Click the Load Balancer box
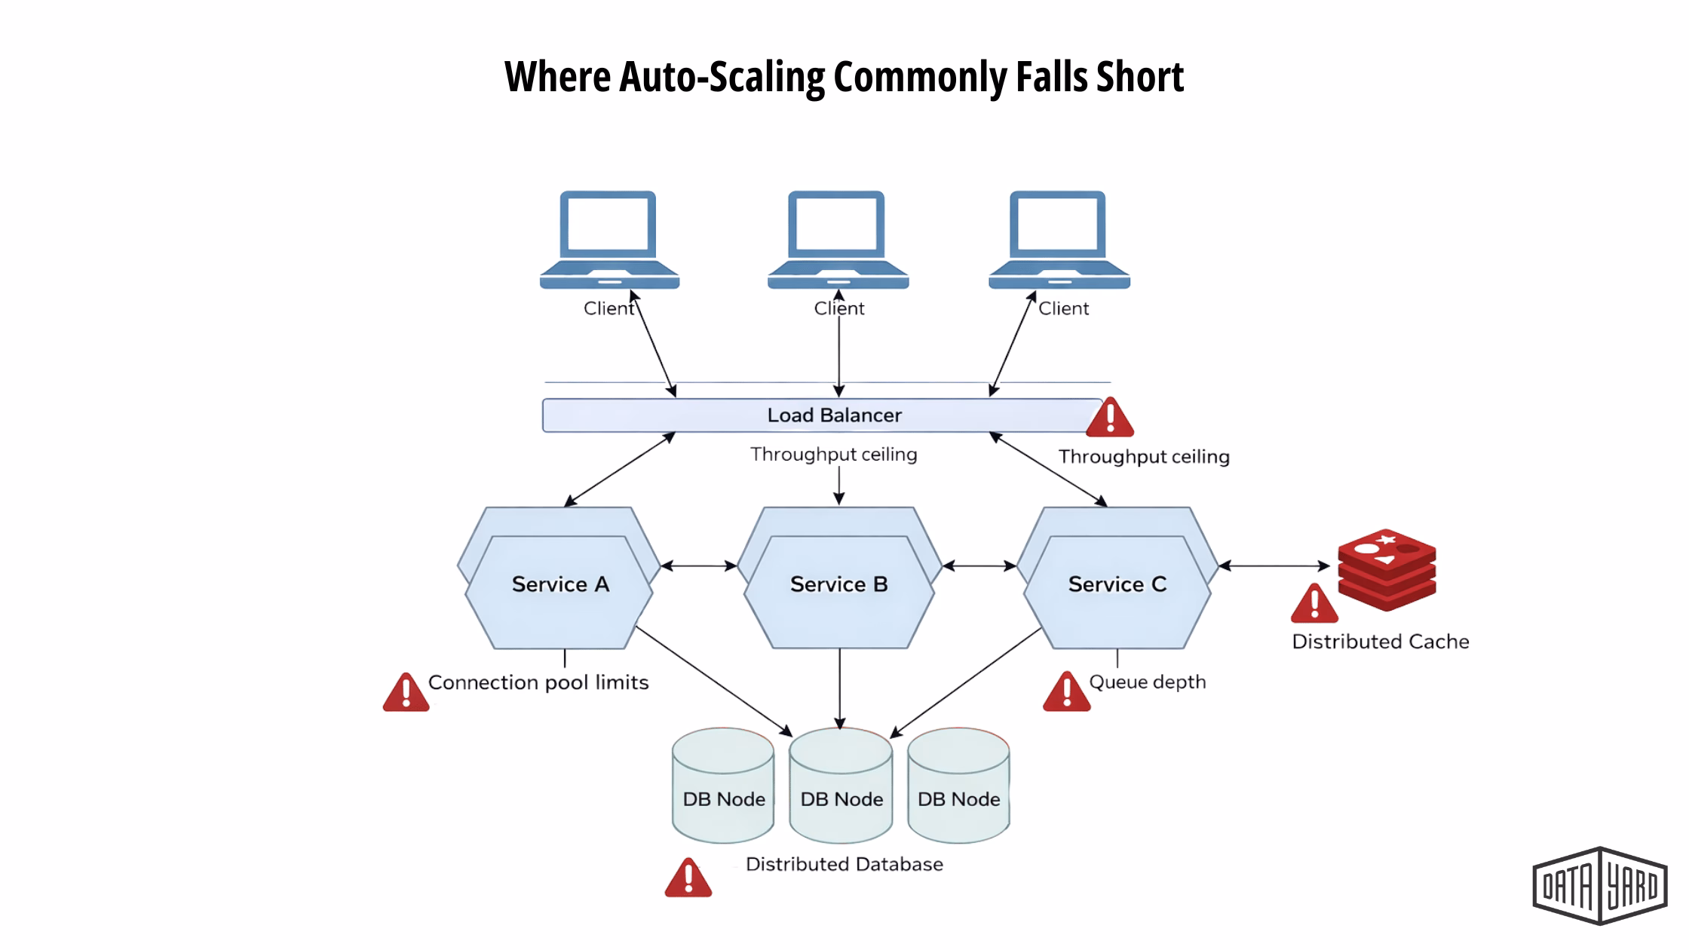pos(822,415)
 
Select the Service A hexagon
pos(559,584)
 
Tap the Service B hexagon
pos(838,584)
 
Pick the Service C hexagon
pos(1117,584)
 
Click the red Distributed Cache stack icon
pos(1387,569)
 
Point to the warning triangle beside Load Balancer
pos(1109,419)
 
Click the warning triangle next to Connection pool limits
pos(406,693)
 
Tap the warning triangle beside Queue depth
pos(1066,693)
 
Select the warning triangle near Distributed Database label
pos(688,878)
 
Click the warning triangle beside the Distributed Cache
pos(1314,605)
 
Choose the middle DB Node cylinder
pos(841,786)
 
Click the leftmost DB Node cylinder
pos(723,786)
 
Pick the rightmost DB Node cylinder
pos(958,786)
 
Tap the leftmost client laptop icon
pos(609,240)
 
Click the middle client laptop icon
pos(838,240)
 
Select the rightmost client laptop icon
pos(1059,240)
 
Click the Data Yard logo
pos(1599,886)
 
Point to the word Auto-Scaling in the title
pos(722,77)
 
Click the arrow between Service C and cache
pos(1274,565)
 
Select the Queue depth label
pos(1147,682)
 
